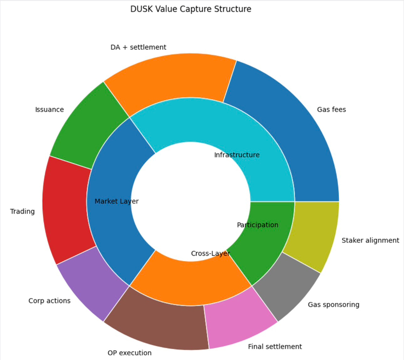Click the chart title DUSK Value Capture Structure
tap(191, 9)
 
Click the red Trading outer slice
tap(66, 210)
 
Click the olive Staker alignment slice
tap(312, 234)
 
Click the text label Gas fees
tap(331, 110)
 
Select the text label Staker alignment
tap(370, 240)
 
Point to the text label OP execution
tap(130, 353)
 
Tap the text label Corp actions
tap(49, 300)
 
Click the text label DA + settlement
tap(138, 47)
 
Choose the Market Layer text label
tap(116, 201)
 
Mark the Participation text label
tap(258, 225)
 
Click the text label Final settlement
tap(275, 347)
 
